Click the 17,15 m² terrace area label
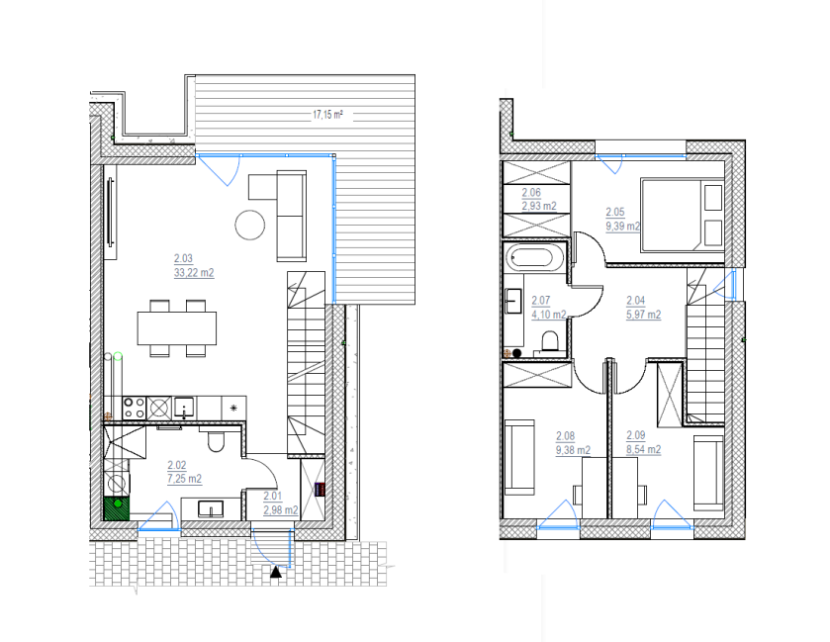click(327, 115)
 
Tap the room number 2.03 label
click(183, 259)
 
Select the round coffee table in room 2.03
click(250, 225)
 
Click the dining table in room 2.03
click(177, 328)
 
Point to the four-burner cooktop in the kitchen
click(134, 409)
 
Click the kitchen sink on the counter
click(184, 408)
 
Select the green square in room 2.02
click(116, 508)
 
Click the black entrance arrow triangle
click(276, 572)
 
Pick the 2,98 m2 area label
click(281, 510)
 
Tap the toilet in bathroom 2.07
click(550, 341)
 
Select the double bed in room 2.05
click(682, 215)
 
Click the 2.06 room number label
click(531, 193)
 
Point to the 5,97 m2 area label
click(643, 315)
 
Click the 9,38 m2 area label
click(573, 450)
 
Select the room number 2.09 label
click(636, 435)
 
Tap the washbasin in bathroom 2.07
click(513, 301)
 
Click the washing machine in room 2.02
click(117, 483)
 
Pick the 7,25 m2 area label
click(184, 479)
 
